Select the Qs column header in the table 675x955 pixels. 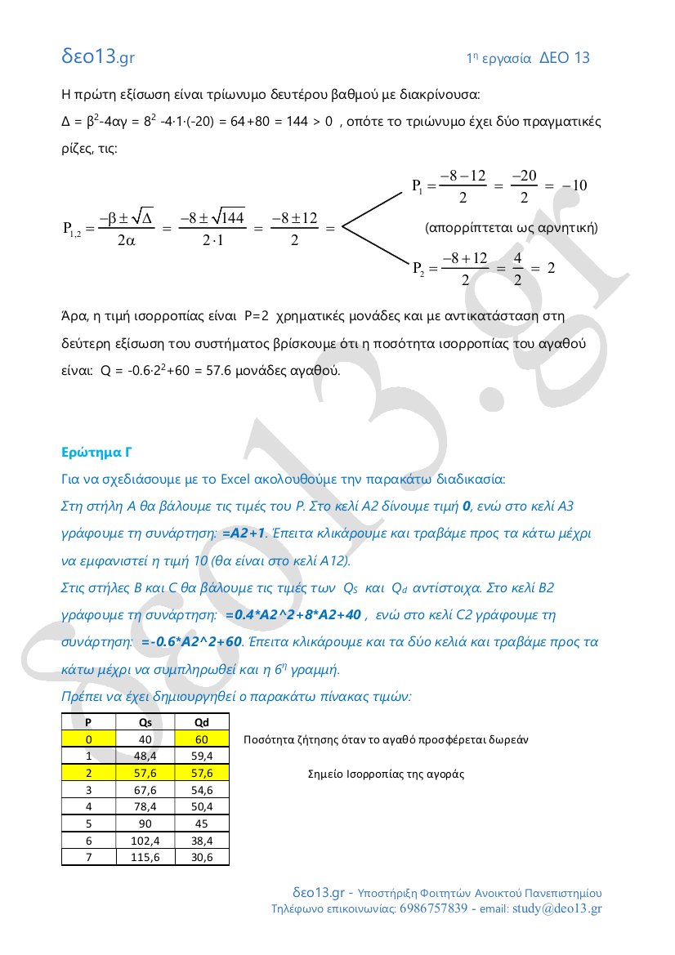145,722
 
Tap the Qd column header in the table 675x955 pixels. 201,722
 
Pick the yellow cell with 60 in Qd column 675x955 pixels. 201,739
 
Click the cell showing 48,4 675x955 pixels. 145,756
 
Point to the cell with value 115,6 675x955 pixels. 145,857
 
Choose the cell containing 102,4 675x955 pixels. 145,841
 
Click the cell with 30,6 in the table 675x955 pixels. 201,857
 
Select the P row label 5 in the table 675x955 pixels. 88,823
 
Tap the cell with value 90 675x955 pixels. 145,823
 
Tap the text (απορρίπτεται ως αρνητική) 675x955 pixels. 512,227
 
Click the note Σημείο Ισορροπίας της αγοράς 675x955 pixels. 386,774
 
